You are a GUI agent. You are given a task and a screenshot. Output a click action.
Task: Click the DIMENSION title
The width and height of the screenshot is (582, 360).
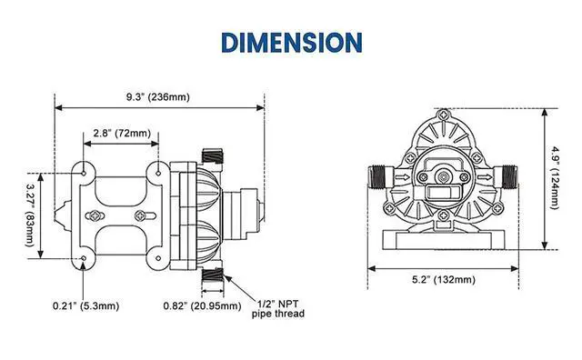pos(291,41)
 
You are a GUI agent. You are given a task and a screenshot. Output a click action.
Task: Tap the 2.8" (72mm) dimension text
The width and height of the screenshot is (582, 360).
pos(120,134)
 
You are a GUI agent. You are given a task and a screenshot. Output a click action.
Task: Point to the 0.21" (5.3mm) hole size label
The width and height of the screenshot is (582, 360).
pos(85,305)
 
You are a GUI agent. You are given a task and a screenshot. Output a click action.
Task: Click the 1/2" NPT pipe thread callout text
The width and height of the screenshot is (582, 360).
pos(278,309)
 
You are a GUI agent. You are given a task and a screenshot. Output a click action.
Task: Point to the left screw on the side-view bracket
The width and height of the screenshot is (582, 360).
pos(95,215)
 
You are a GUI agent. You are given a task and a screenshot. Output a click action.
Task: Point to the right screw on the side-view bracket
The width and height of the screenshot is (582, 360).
pos(141,215)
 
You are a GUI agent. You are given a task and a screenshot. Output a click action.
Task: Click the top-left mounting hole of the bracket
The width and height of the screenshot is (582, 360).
pos(85,170)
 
